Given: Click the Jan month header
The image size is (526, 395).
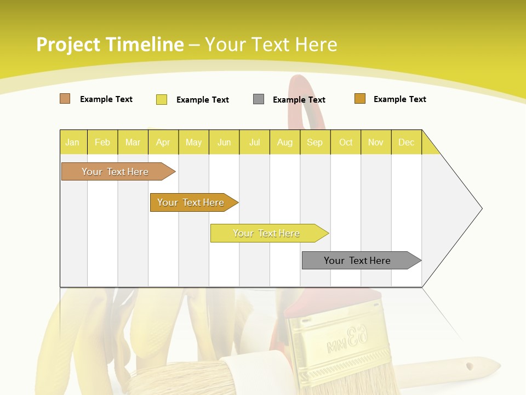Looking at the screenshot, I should [72, 143].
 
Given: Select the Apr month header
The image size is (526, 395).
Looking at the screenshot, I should [163, 143].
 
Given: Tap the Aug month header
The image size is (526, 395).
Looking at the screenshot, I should [284, 143].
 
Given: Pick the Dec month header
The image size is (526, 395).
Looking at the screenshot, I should [406, 143].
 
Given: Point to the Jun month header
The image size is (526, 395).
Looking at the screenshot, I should [224, 143].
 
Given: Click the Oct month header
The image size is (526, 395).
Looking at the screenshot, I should [346, 143].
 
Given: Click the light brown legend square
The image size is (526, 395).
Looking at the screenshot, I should [65, 99].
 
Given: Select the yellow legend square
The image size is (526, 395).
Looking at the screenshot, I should [161, 99].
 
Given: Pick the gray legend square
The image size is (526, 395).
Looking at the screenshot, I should [259, 99].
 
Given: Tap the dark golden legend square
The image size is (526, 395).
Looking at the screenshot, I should [359, 99].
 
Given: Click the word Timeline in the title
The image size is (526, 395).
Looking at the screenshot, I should [144, 44].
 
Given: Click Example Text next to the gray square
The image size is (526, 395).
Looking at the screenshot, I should [299, 100].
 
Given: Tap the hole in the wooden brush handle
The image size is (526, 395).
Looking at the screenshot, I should [469, 365].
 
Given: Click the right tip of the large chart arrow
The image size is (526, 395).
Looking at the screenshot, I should [481, 208].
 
